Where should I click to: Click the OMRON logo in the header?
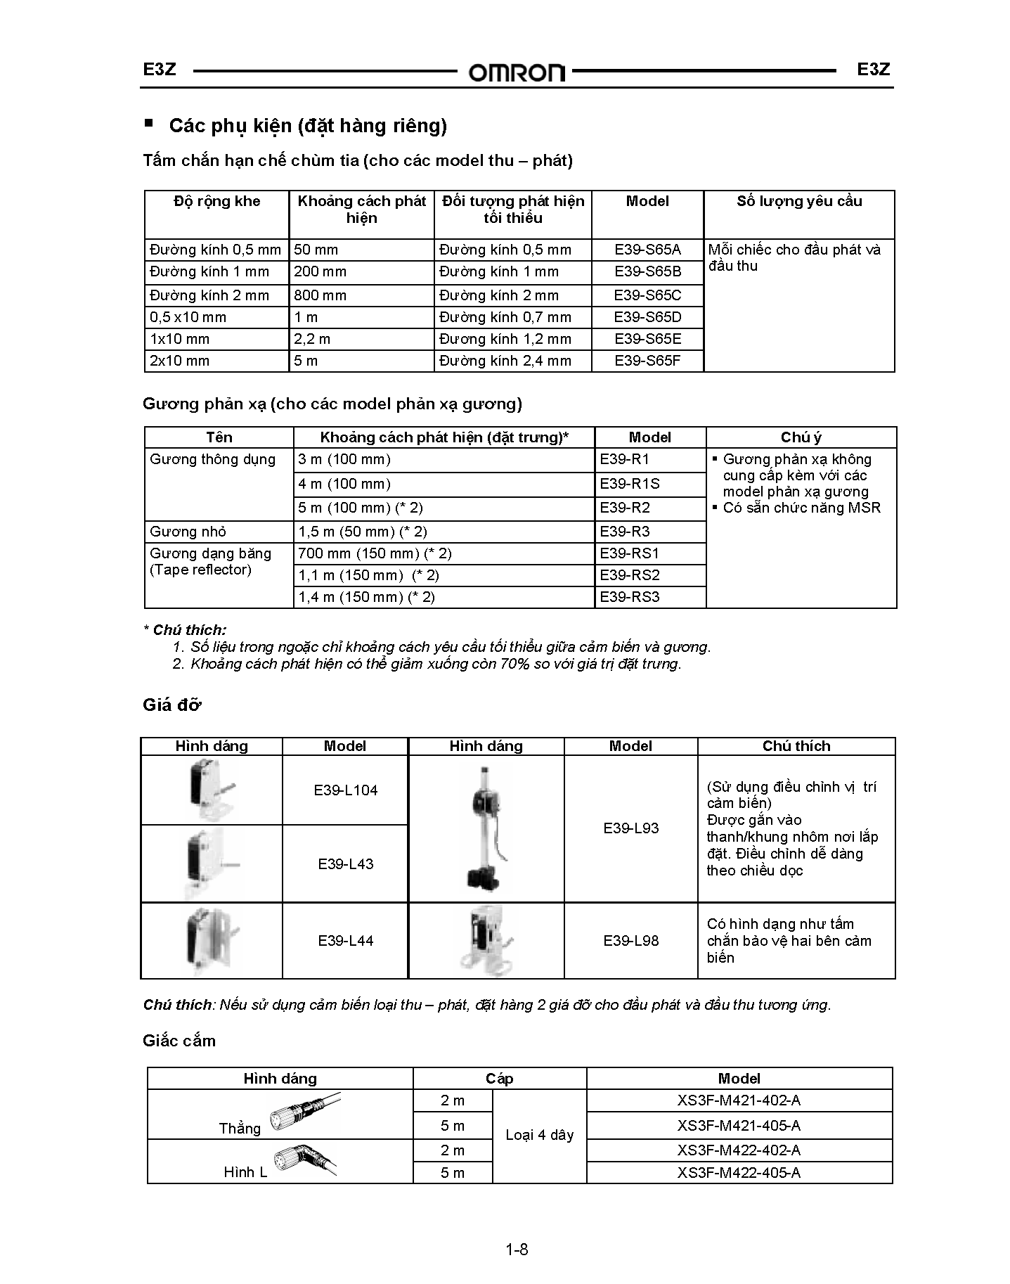(517, 72)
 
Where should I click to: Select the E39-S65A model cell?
(647, 250)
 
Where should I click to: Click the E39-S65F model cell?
(647, 361)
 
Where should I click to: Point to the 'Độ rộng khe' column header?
(217, 201)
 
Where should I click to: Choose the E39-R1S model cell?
(630, 484)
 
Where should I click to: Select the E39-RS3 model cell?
(630, 597)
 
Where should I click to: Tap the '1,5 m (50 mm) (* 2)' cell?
(363, 532)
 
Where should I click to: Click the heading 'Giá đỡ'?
(171, 705)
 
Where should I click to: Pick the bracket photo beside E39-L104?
(212, 790)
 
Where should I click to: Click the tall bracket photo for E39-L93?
(486, 828)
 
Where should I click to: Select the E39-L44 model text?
(346, 941)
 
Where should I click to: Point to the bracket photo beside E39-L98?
(486, 941)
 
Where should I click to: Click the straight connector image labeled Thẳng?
(306, 1113)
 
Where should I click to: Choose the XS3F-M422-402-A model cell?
(739, 1150)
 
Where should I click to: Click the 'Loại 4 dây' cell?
(540, 1135)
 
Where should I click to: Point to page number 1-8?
(517, 1250)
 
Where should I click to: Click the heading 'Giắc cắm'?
(179, 1041)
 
